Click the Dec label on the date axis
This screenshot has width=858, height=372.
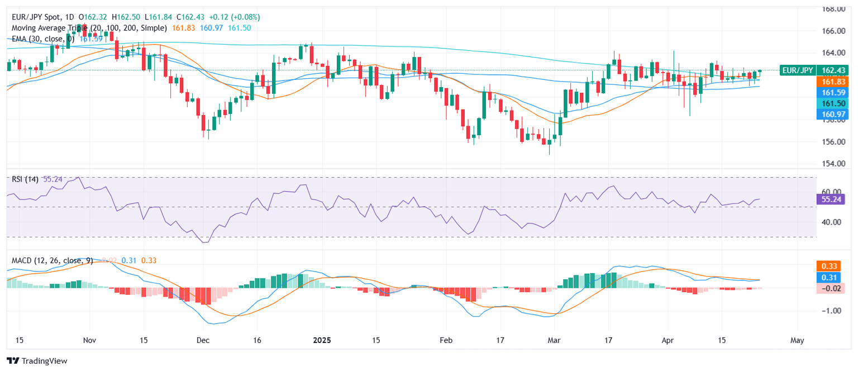[x=203, y=340]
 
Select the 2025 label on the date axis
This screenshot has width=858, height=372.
[x=322, y=340]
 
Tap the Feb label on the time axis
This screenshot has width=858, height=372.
[x=445, y=340]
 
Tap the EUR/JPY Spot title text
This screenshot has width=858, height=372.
[x=36, y=17]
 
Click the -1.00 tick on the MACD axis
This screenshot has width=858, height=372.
[x=831, y=311]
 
